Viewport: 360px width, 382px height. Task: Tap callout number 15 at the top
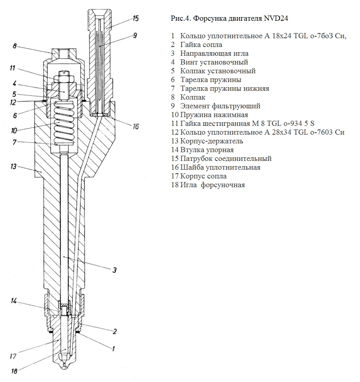pos(136,18)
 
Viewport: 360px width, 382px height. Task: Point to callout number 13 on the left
pos(13,167)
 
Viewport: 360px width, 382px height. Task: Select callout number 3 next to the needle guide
pos(114,270)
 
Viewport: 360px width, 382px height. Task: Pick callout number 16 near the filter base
pos(136,127)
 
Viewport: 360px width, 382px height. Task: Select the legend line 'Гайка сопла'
pos(201,45)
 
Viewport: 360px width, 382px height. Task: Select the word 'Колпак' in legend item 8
pos(193,97)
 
